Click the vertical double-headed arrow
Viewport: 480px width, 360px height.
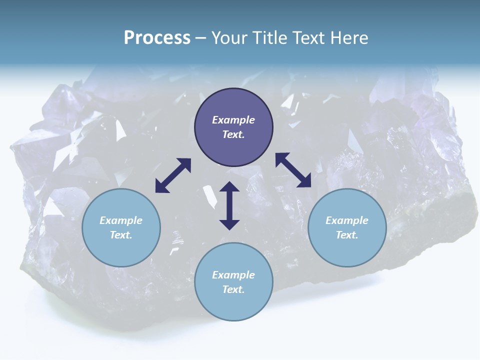[229, 205]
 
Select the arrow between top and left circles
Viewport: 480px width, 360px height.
[173, 175]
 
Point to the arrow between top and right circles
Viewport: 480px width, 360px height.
[293, 170]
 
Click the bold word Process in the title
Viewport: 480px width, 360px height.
[157, 38]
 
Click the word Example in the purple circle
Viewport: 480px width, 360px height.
[233, 120]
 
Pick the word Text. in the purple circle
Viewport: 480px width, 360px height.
[233, 134]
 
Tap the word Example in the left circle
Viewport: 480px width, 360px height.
[121, 220]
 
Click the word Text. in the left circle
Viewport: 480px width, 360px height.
[121, 235]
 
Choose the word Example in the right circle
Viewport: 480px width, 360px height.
[347, 220]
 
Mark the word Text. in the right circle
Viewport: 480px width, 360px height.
[347, 235]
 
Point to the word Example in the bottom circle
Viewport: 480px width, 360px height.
[233, 275]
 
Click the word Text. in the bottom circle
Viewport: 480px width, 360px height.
[233, 289]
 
